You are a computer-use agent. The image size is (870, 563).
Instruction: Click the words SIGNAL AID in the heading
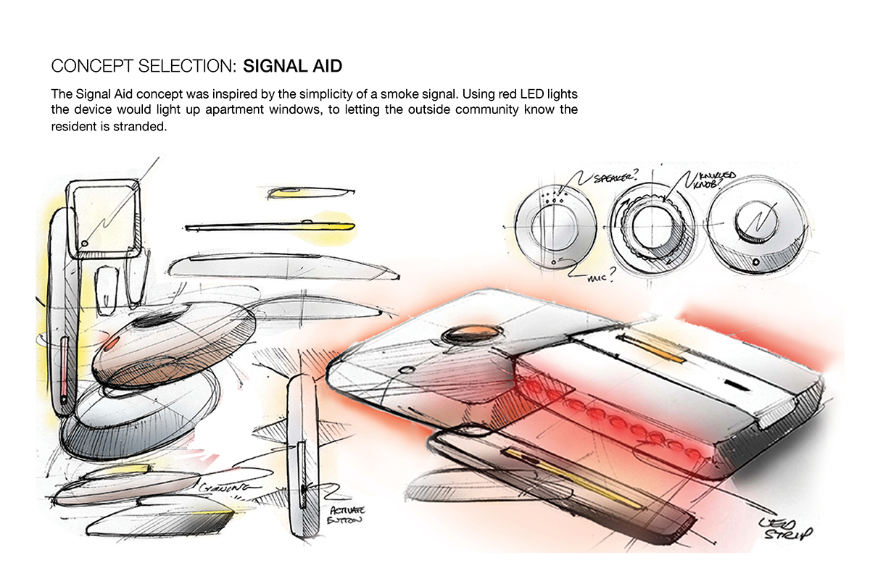292,67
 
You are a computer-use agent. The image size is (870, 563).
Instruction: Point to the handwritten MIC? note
592,275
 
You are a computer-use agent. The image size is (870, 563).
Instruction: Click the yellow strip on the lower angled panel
573,478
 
